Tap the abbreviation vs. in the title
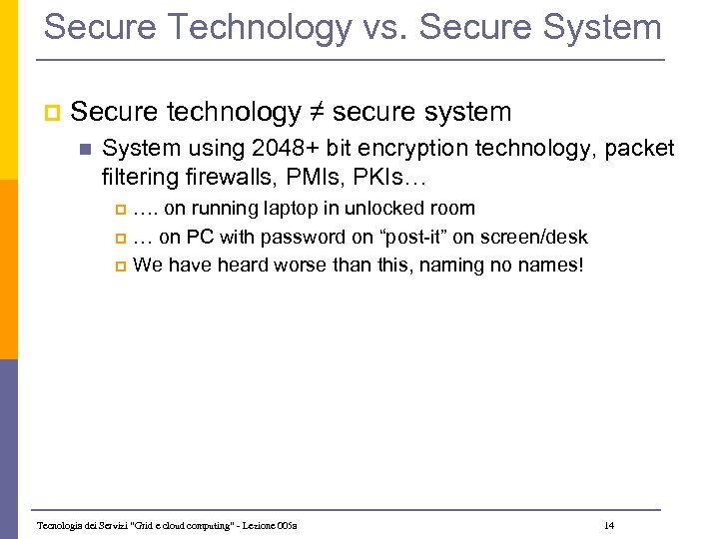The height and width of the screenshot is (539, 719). click(380, 27)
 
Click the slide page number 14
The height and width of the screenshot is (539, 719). click(609, 525)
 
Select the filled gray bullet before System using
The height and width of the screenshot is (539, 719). click(85, 150)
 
